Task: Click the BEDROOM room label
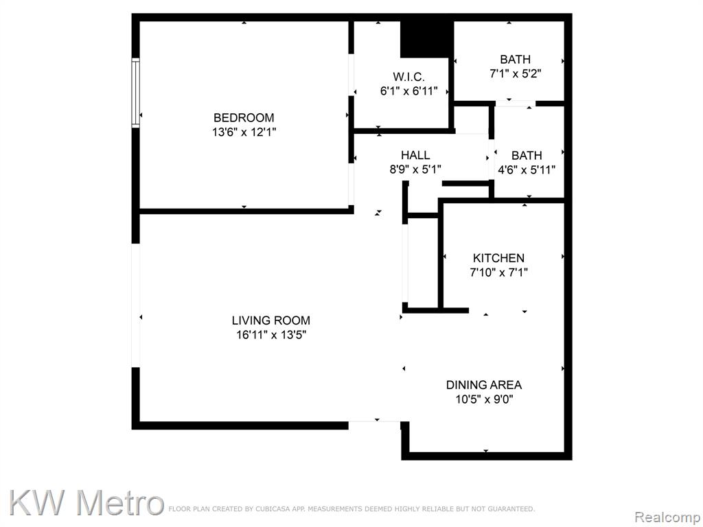244,118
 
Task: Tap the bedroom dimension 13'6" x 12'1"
244,132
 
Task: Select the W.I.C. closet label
409,77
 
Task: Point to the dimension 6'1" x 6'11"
409,91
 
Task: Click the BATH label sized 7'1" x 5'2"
515,60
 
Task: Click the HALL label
415,156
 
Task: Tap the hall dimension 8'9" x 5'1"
415,170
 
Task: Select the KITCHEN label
498,258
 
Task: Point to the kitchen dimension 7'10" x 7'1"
498,272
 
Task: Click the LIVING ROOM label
270,320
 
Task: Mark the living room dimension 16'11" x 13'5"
270,335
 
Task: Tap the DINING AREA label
484,385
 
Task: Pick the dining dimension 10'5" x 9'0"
484,399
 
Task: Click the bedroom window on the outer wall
135,93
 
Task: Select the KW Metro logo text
85,502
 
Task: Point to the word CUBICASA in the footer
273,509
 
